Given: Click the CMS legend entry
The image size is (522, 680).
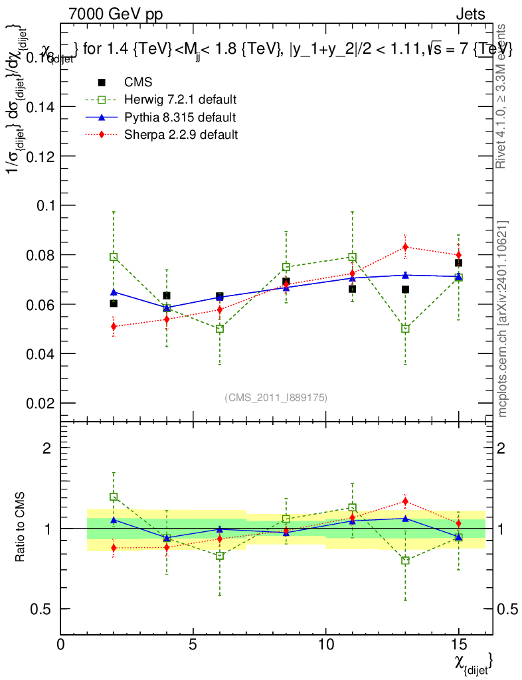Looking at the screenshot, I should (x=138, y=82).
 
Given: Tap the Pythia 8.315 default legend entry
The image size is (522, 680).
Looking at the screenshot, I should (x=180, y=118).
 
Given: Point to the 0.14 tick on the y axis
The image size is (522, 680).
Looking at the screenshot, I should (x=41, y=107).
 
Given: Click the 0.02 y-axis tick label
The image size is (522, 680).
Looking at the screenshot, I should (x=41, y=404).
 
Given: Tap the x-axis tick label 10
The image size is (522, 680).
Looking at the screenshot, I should (x=325, y=645).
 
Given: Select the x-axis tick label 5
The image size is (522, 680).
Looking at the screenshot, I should (x=193, y=645).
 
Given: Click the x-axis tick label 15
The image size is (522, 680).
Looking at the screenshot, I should (x=458, y=645).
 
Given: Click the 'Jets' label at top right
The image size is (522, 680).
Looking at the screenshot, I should (x=470, y=15).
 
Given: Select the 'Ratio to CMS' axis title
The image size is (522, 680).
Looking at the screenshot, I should (x=21, y=528).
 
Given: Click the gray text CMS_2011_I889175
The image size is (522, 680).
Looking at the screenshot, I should (x=276, y=397).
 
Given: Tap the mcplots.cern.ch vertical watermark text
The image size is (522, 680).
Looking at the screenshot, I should (x=503, y=319).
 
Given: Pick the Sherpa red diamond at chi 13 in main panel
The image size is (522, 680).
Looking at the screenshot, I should (x=405, y=247).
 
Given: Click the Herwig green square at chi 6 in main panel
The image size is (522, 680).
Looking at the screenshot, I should (x=220, y=329).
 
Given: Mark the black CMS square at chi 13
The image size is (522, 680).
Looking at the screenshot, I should (x=405, y=290).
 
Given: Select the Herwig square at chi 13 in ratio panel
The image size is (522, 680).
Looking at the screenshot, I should (x=405, y=560).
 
